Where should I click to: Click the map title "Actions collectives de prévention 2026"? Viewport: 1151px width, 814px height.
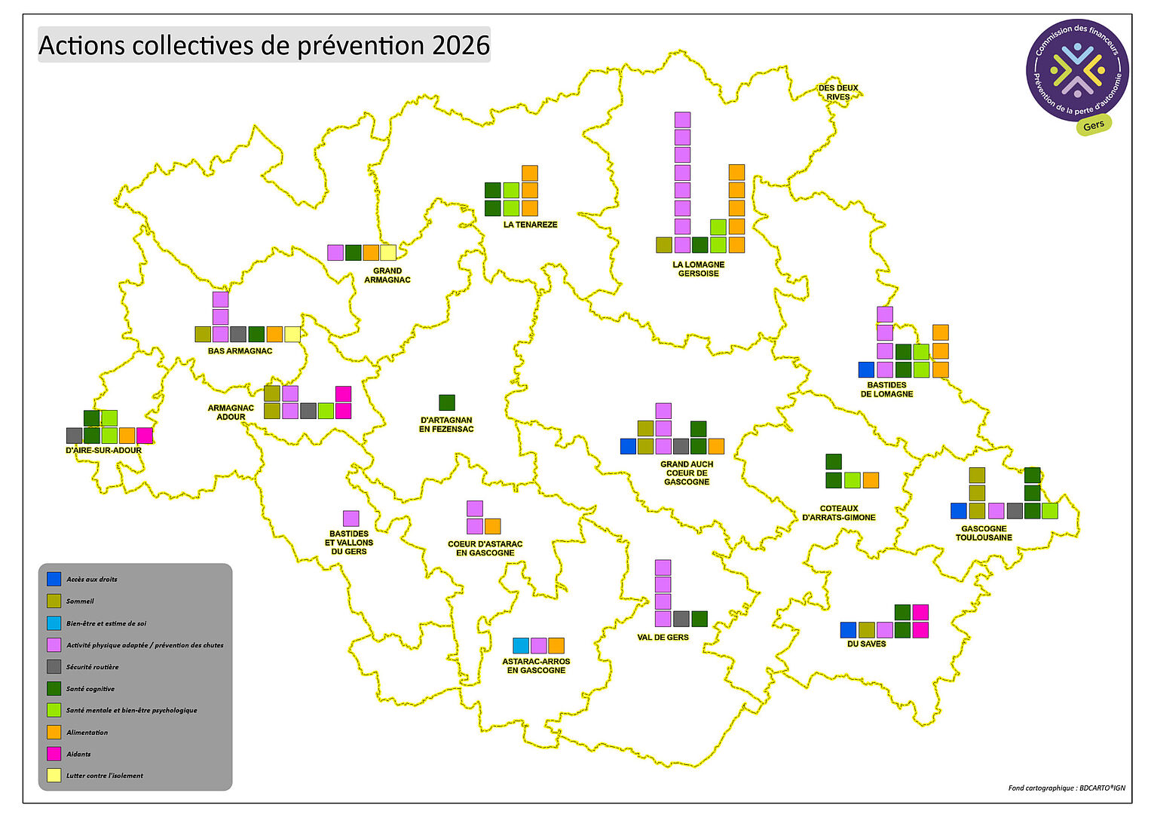pos(264,45)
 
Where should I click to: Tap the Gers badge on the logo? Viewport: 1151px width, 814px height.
pos(1093,126)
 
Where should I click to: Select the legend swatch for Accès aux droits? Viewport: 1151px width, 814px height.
pos(54,579)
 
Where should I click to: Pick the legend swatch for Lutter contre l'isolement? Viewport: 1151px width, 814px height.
pos(54,775)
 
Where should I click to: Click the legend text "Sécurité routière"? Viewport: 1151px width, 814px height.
pos(92,667)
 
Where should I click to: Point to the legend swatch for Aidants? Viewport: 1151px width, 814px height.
pos(54,753)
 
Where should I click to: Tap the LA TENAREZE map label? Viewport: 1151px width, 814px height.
pos(530,225)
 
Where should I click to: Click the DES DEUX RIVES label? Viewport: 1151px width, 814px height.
pos(838,93)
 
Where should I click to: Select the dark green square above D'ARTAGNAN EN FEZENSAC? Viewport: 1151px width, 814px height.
pos(447,402)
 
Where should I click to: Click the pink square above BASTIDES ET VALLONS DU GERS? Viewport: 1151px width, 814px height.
pos(351,519)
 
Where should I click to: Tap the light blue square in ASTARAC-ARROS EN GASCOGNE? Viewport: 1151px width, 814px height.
pos(521,645)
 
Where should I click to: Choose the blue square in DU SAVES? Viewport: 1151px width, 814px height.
pos(849,630)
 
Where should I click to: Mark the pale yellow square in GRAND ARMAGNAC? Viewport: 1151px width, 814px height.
pos(388,252)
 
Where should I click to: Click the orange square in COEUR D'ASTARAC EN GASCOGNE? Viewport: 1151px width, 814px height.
pos(492,526)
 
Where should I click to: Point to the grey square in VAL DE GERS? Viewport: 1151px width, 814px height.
pos(681,619)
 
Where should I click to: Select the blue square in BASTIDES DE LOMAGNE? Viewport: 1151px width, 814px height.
pos(867,369)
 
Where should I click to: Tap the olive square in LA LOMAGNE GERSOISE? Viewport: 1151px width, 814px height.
pos(664,244)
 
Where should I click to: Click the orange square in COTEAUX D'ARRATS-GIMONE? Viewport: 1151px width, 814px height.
pos(871,480)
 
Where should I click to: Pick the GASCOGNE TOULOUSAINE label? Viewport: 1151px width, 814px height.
pos(984,533)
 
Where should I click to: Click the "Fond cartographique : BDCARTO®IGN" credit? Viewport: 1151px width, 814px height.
pos(1066,788)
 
